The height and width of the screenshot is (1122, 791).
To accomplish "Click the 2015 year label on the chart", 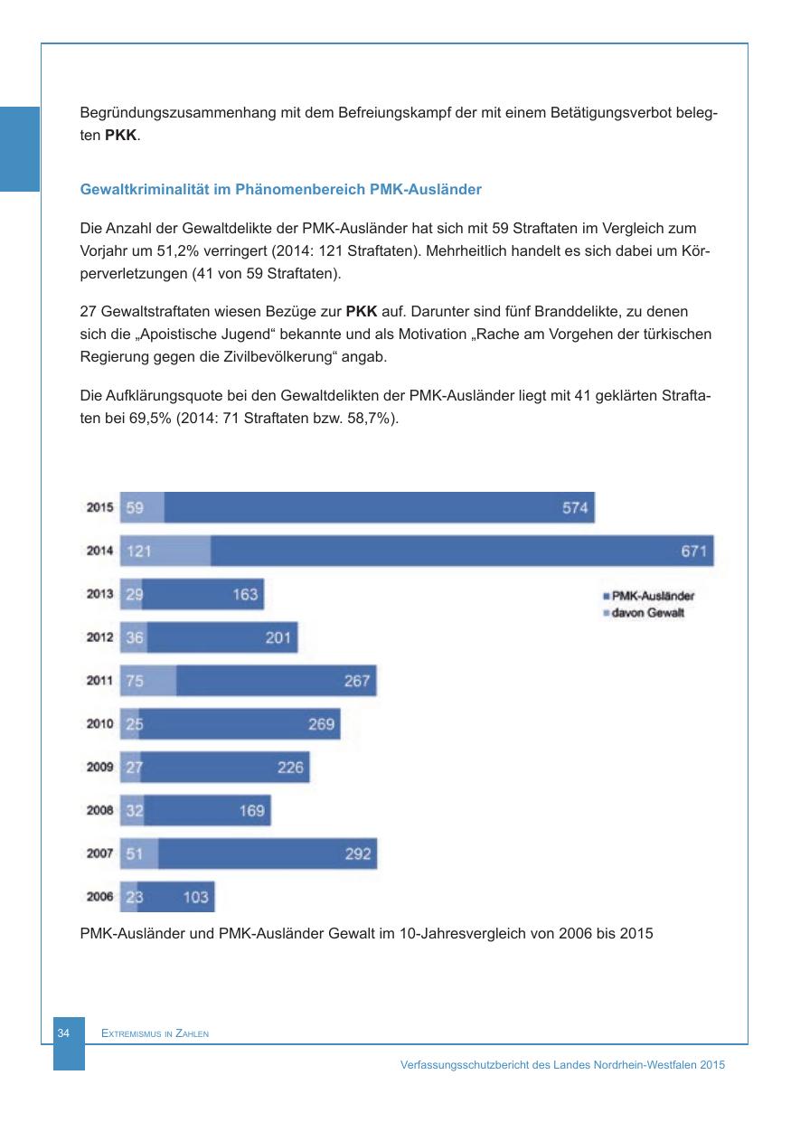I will coord(99,507).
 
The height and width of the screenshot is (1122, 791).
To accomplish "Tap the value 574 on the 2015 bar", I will coord(575,507).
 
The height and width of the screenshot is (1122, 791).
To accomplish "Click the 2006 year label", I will coord(99,897).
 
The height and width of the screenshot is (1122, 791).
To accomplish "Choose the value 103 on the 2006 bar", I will coord(195,897).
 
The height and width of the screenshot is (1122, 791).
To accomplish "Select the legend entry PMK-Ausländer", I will coord(652,597).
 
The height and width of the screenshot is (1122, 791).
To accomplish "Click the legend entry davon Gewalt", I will coord(646,612).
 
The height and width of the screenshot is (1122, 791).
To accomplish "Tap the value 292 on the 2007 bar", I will coord(358,853).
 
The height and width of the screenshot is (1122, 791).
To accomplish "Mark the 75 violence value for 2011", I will coord(135,681).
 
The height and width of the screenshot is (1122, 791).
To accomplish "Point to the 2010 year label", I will coord(99,724).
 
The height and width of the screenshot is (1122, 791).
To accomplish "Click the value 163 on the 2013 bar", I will coord(245,594).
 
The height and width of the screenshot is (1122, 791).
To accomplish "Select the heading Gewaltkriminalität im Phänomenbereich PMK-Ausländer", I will coord(281,190).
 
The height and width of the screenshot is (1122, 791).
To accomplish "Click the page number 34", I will coord(63,1032).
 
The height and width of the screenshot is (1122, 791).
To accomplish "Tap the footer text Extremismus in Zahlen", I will coord(155,1033).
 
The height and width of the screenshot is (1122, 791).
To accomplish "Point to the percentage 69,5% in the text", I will coord(155,420).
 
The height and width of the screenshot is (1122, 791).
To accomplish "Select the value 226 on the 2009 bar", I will coord(290,768).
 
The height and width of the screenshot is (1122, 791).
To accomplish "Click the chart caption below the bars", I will coord(366,931).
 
